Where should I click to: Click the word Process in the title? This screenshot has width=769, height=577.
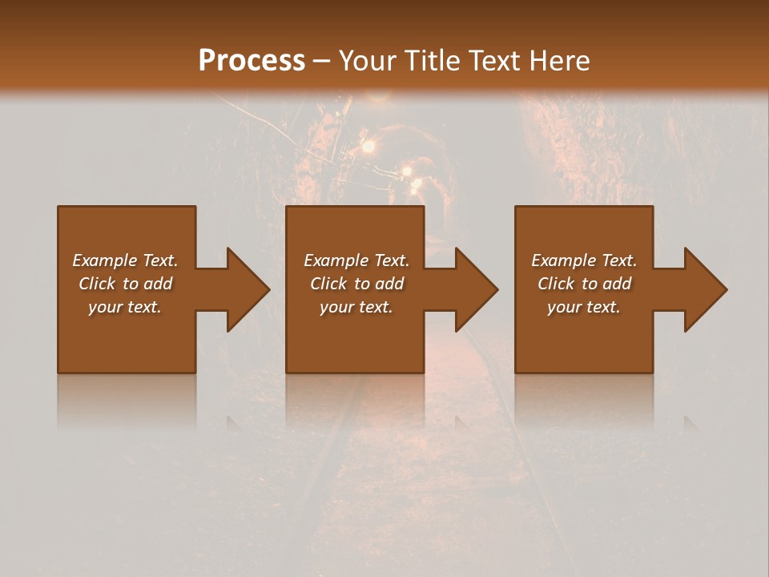[x=252, y=61]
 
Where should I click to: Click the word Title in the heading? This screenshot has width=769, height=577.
[x=433, y=61]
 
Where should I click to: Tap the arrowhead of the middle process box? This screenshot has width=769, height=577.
[x=476, y=289]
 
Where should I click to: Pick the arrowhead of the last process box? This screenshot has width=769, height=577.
[x=705, y=289]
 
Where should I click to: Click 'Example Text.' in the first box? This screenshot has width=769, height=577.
[x=125, y=260]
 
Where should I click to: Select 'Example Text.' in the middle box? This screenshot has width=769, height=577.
[x=356, y=260]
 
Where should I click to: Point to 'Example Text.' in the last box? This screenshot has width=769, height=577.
[x=584, y=260]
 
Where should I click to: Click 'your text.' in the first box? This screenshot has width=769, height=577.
[x=125, y=307]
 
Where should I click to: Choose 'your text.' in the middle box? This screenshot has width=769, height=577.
[x=356, y=307]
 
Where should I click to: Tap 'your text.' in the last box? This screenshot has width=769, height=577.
[x=584, y=307]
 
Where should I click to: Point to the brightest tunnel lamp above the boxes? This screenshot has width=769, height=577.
[x=368, y=146]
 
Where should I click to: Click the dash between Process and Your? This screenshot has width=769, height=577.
[x=322, y=62]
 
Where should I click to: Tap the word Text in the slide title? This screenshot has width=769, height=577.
[x=492, y=61]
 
